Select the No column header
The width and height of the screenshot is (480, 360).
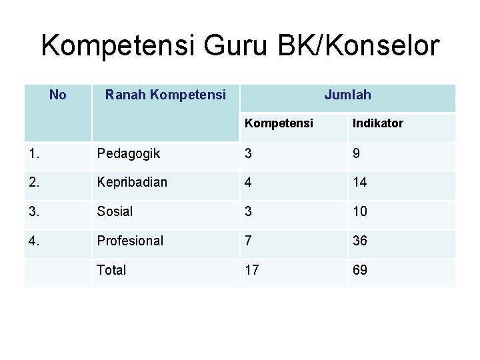(x=58, y=95)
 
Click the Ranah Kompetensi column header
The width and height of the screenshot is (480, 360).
(x=165, y=95)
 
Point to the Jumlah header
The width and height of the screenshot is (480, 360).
(x=347, y=95)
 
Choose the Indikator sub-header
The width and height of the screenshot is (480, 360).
(x=378, y=124)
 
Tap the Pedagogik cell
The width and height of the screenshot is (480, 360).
(x=128, y=154)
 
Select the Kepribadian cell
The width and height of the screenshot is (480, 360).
(x=132, y=182)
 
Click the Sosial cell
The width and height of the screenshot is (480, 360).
(x=115, y=211)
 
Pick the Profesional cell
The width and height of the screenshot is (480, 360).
(x=130, y=241)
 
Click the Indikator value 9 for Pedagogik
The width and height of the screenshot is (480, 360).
(x=357, y=154)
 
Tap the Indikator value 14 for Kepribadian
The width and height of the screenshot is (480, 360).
(x=360, y=182)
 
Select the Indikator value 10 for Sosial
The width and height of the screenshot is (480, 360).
(x=360, y=211)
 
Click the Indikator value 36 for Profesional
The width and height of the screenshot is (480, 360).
(x=360, y=241)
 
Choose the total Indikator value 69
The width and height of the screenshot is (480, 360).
(x=360, y=270)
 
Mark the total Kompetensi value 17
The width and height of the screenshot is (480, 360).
(x=252, y=270)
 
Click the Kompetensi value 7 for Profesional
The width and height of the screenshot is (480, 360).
(x=248, y=241)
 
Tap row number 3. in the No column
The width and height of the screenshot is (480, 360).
(x=35, y=211)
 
